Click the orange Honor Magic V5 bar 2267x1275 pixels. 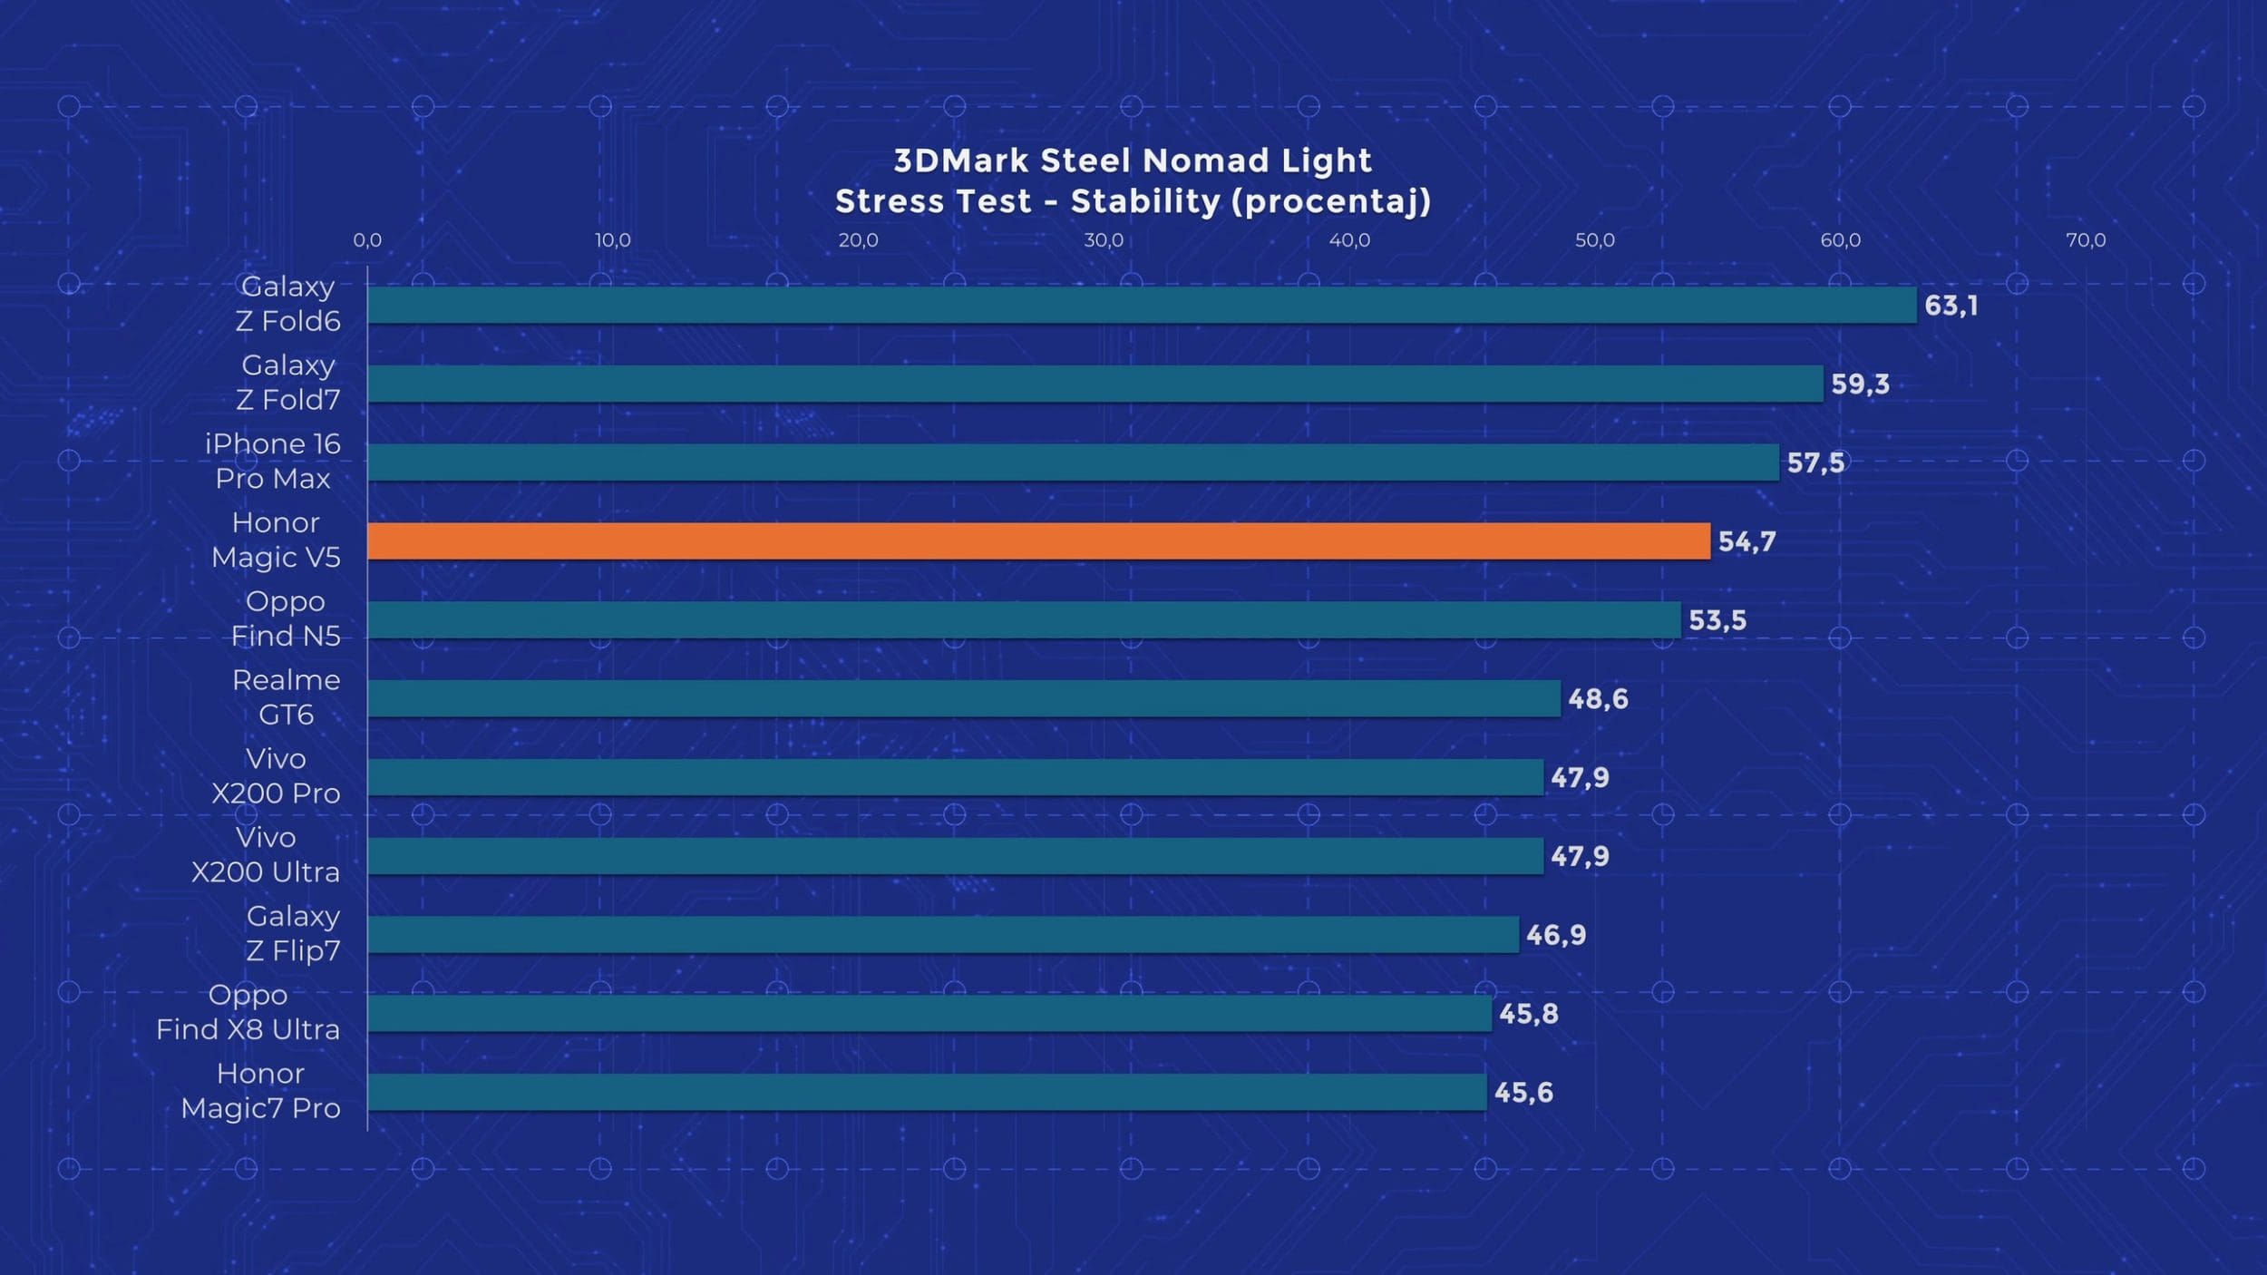(x=1038, y=541)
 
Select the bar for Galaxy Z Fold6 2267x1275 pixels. (x=1142, y=306)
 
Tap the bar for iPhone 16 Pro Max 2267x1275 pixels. (x=1073, y=462)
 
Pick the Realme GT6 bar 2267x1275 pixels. (x=964, y=698)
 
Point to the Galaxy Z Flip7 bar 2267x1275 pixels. (x=943, y=934)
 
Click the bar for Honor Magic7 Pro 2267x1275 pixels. (x=927, y=1092)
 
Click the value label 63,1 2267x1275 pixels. (x=1951, y=306)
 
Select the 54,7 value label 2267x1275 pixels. (x=1746, y=541)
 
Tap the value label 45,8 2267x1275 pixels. (x=1528, y=1013)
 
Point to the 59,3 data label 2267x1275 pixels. (x=1860, y=384)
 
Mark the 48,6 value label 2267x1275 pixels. (x=1598, y=698)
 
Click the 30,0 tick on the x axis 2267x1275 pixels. (x=1104, y=240)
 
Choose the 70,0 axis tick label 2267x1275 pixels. (x=2086, y=240)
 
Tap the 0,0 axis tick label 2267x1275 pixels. (x=367, y=240)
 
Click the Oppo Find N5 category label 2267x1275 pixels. (x=286, y=618)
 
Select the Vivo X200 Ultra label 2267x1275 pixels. (x=266, y=854)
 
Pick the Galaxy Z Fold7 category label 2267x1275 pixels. (x=287, y=382)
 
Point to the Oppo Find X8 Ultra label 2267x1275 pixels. (x=248, y=1012)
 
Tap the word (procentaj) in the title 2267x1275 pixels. (x=1331, y=201)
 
